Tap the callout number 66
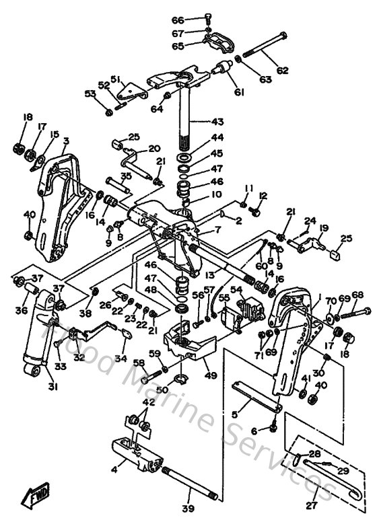176,21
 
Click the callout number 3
66,141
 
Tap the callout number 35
126,176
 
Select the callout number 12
263,196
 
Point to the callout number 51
114,78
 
